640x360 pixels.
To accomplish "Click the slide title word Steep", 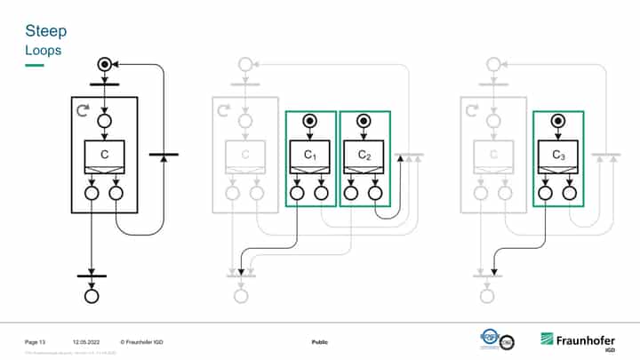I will tap(45, 32).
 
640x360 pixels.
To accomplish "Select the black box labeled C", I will tap(105, 156).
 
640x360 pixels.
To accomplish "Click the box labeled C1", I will tap(309, 156).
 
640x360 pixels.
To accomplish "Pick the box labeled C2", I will tap(364, 156).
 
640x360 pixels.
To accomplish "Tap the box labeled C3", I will tap(557, 156).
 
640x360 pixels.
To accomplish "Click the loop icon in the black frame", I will tap(84, 111).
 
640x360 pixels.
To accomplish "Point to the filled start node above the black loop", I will tap(105, 64).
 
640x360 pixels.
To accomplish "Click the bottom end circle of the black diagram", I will tap(92, 297).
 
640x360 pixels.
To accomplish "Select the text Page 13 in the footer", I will tap(35, 342).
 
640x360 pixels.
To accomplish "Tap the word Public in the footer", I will tap(320, 342).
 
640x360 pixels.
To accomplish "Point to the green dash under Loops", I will tap(34, 65).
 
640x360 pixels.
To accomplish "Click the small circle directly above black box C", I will tap(105, 121).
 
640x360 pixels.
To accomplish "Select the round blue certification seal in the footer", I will tap(492, 339).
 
